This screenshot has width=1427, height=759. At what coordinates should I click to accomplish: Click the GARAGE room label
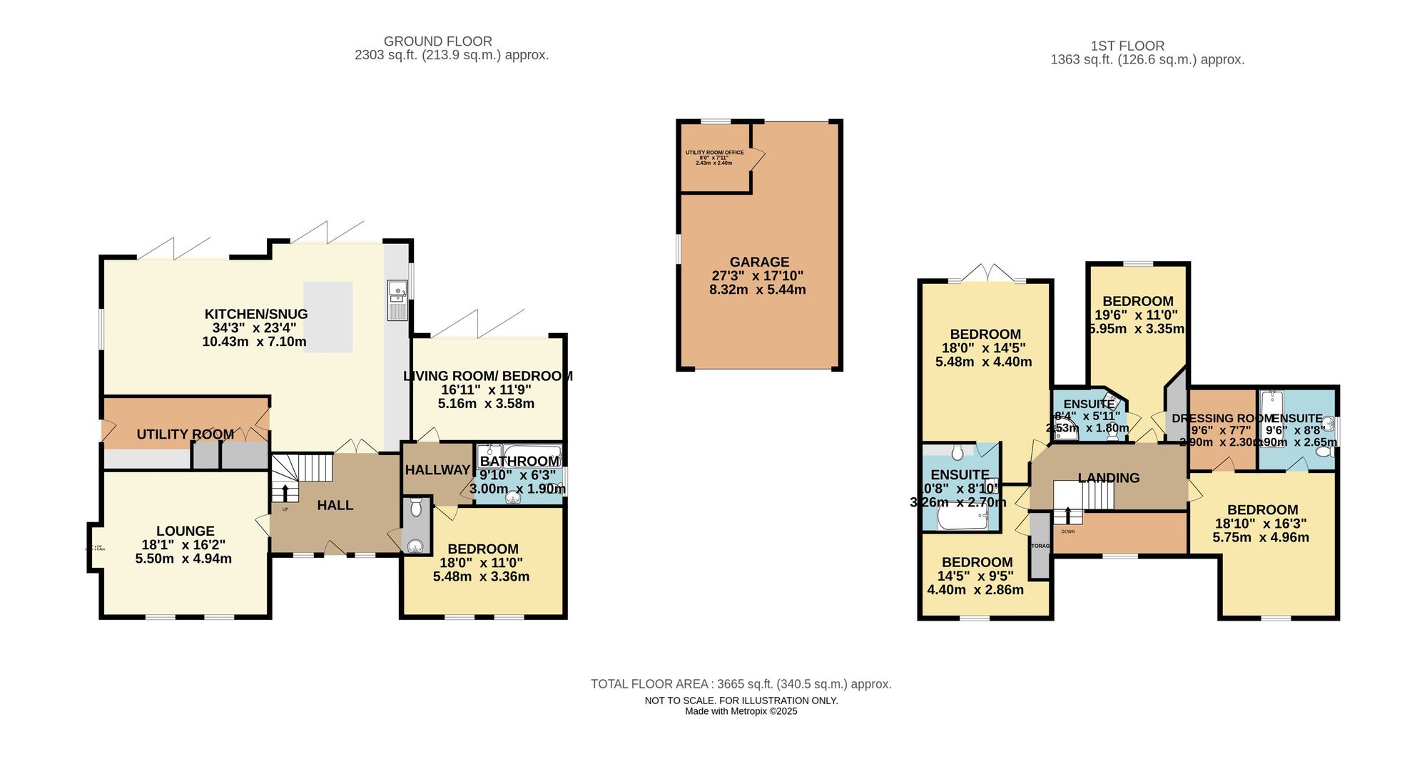759,262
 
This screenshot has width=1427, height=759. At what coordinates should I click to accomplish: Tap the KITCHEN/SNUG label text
256,314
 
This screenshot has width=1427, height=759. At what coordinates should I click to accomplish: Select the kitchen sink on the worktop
397,290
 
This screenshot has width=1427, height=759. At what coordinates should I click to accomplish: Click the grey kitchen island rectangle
328,317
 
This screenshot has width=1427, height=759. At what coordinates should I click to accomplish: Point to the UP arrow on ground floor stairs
285,493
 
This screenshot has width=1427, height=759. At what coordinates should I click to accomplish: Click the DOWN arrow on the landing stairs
1068,515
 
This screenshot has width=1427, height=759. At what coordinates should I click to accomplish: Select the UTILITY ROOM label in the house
186,434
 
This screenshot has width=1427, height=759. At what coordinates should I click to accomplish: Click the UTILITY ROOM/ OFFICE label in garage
714,153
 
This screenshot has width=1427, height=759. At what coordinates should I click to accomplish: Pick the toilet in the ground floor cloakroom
416,508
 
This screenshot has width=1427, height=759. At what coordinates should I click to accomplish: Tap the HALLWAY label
437,469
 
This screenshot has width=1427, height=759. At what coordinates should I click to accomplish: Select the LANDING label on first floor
1108,478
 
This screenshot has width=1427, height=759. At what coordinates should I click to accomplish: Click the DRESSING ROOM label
1222,419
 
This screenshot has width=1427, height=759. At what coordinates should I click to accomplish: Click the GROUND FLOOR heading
437,41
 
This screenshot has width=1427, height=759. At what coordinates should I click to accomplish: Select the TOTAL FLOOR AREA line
741,684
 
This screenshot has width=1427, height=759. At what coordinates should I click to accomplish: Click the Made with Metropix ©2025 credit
741,711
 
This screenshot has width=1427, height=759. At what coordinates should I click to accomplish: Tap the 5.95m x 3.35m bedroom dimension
1137,329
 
